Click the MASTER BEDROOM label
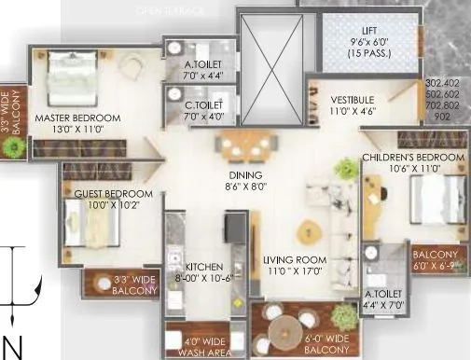(78, 118)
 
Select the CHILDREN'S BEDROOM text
(412, 158)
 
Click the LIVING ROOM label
(293, 259)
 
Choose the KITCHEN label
(196, 265)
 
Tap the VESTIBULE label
(353, 99)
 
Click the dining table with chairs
(244, 146)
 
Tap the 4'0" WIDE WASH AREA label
(198, 346)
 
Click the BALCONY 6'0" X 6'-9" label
(436, 260)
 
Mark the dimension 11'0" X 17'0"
(293, 271)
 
